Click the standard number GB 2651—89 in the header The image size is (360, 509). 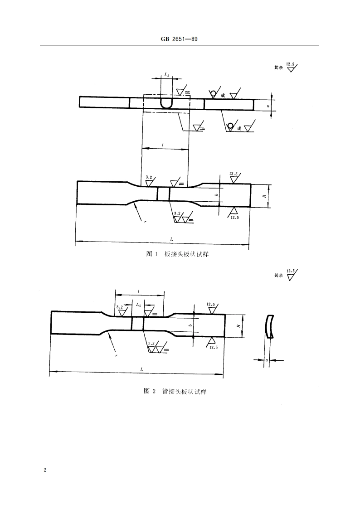180,39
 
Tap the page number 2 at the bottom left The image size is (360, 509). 45,470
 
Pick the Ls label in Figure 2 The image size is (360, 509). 138,305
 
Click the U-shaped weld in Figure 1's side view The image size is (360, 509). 166,103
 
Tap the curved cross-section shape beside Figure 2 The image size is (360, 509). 270,326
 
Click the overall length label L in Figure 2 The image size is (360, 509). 142,369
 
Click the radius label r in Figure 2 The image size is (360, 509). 117,356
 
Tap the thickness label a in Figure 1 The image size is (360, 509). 268,106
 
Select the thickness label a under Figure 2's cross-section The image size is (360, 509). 267,360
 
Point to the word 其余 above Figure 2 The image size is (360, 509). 278,275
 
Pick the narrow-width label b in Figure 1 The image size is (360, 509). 216,195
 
